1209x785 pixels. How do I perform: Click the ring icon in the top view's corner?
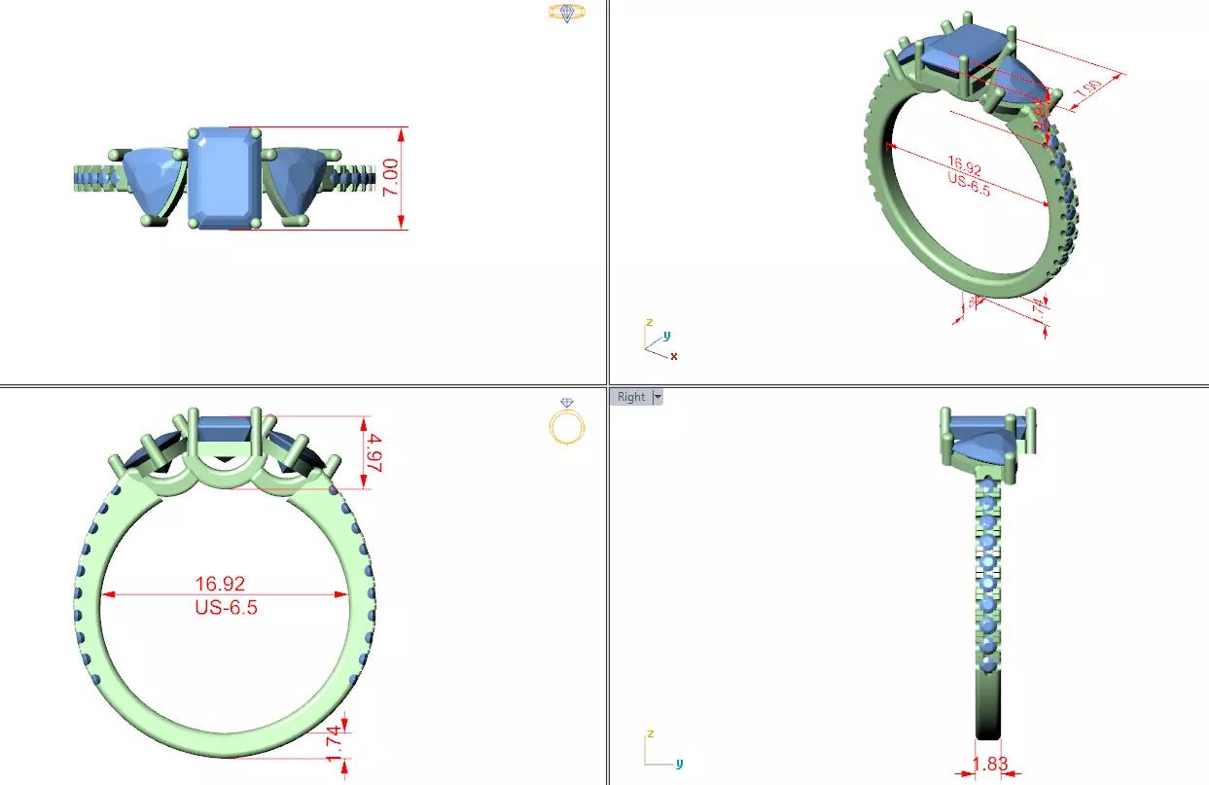click(x=566, y=13)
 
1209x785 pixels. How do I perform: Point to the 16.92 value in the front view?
click(x=220, y=584)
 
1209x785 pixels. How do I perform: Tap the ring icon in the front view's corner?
click(x=568, y=422)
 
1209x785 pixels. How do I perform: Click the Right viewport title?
click(x=630, y=397)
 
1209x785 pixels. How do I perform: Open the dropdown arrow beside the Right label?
click(x=658, y=397)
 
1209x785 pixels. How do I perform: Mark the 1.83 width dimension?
click(x=990, y=764)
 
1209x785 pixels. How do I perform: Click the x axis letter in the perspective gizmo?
click(x=674, y=357)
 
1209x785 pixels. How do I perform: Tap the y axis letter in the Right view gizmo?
click(x=679, y=764)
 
